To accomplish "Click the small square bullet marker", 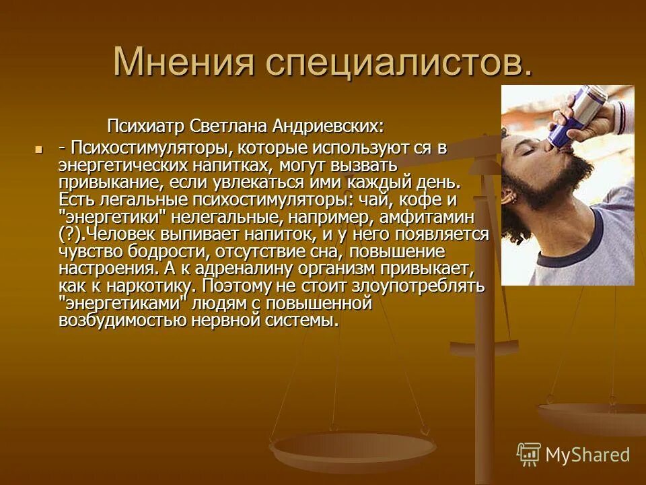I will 38,148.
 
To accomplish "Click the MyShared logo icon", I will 529,455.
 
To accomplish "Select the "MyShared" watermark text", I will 587,455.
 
